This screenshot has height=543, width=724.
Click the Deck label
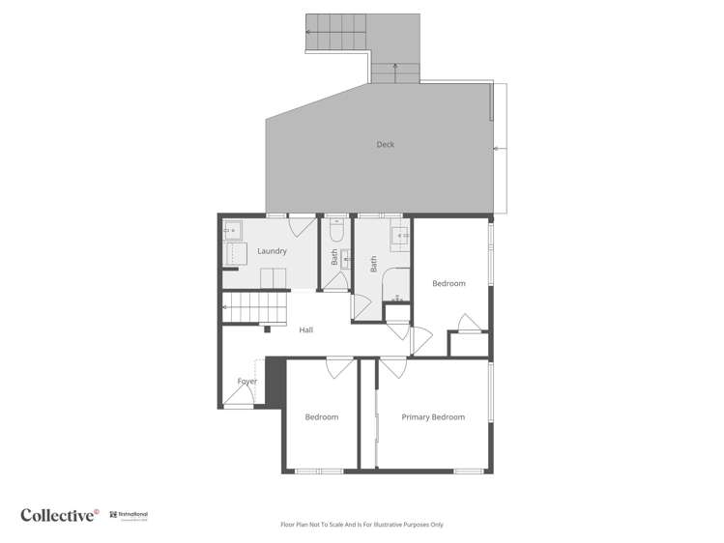[x=386, y=145]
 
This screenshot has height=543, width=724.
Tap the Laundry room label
[x=272, y=251]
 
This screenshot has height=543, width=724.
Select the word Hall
[x=305, y=330]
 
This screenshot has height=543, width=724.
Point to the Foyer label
[x=247, y=382]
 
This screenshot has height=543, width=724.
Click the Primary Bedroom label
[x=433, y=417]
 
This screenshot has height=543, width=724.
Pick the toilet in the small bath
[x=335, y=232]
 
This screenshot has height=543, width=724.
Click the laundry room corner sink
[x=233, y=231]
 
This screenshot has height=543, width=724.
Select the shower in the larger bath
[x=397, y=284]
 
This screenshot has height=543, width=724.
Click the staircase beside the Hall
[x=256, y=309]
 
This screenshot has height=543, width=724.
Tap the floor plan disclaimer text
[x=362, y=525]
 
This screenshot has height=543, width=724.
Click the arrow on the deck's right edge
[x=498, y=149]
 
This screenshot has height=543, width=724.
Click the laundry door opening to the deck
[x=301, y=226]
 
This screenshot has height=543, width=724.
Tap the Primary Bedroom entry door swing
[x=392, y=368]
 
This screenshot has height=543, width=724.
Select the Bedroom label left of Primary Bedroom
[x=321, y=417]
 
